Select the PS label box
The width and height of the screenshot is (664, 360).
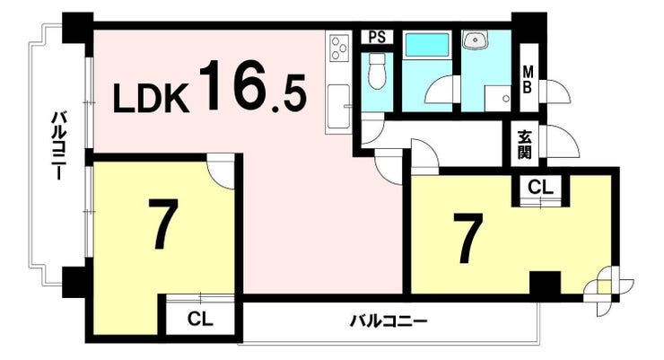pyautogui.click(x=377, y=37)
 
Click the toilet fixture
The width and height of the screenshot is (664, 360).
pyautogui.click(x=377, y=71)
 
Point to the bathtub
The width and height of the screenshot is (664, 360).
pyautogui.click(x=427, y=45)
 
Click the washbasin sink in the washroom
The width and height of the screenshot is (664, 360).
pyautogui.click(x=476, y=40)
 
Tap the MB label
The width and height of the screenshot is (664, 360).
pyautogui.click(x=528, y=79)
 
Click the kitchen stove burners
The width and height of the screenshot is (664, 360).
pyautogui.click(x=339, y=48)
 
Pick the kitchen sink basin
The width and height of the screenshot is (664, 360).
pyautogui.click(x=339, y=107)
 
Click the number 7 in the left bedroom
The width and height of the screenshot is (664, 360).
pyautogui.click(x=162, y=224)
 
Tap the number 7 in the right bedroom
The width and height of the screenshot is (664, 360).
pyautogui.click(x=467, y=238)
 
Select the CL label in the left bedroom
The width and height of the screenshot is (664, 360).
pyautogui.click(x=200, y=319)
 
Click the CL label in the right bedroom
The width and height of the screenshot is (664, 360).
pyautogui.click(x=540, y=187)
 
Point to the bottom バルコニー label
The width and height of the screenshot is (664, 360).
pyautogui.click(x=389, y=322)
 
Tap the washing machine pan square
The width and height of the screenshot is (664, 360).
pyautogui.click(x=498, y=98)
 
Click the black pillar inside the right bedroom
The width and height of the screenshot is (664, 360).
pyautogui.click(x=545, y=283)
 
